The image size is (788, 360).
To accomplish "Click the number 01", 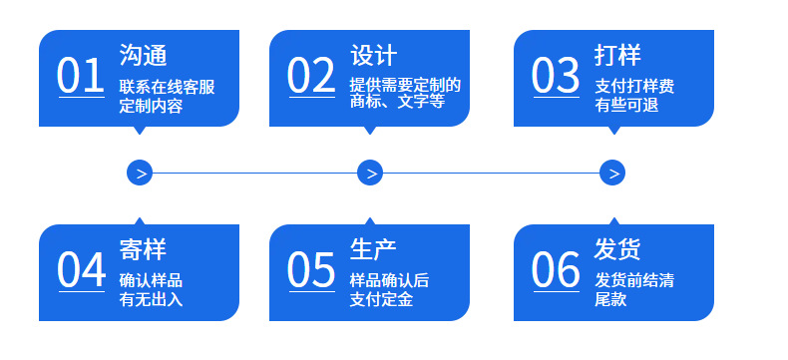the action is pos(81,76).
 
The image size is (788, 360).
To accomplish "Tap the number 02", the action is pos(311,76).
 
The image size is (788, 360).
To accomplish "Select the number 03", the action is pos(556,76).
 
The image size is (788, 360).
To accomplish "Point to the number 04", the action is pos(81,269).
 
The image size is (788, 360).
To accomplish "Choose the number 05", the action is pos(311,269).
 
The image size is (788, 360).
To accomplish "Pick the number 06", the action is pos(556,269).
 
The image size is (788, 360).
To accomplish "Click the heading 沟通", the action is pos(143,55).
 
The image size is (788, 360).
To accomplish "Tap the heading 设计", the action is pos(373,55).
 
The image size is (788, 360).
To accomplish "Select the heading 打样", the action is pos(617,55).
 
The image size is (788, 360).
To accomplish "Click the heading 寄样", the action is pos(143,249).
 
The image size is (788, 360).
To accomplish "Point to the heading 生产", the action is pos(373,249).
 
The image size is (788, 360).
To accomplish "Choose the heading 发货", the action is pos(617,249).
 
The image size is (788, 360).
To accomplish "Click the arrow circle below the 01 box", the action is pos(140,173).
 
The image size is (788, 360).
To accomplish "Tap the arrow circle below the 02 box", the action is pos(370,173).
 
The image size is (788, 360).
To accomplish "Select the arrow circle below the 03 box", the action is pos(612,173).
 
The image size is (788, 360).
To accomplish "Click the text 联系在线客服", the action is pos(167,87).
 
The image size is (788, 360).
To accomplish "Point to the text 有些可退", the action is pos(626,106).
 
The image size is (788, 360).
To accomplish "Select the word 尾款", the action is pos(610,300).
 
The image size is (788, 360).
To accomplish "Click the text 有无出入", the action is pos(151,300).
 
